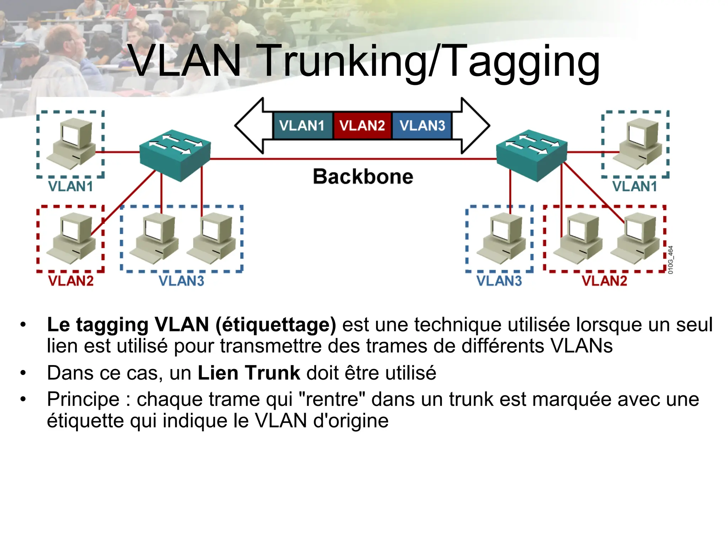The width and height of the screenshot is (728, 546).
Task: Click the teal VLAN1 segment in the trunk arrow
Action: (x=302, y=125)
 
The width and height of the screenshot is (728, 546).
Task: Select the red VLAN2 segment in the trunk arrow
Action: (x=362, y=125)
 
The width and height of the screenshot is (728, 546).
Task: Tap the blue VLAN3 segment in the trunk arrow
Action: (x=422, y=125)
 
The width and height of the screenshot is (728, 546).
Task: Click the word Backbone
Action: (x=363, y=176)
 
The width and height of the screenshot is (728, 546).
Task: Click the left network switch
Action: (x=175, y=155)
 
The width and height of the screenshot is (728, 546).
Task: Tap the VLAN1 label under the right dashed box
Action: (x=635, y=186)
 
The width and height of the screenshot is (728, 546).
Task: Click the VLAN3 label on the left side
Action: (x=181, y=281)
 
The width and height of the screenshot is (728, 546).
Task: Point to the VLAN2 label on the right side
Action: (x=604, y=281)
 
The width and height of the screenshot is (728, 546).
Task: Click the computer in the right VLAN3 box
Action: (x=502, y=239)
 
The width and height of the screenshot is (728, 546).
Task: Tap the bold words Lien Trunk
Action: (x=249, y=373)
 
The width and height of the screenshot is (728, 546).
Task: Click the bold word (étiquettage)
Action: (x=275, y=325)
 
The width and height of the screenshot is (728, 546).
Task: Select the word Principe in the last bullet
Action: (x=83, y=399)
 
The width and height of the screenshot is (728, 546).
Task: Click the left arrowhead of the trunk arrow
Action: (x=249, y=125)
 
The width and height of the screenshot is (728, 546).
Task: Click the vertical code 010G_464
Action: (x=670, y=260)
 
